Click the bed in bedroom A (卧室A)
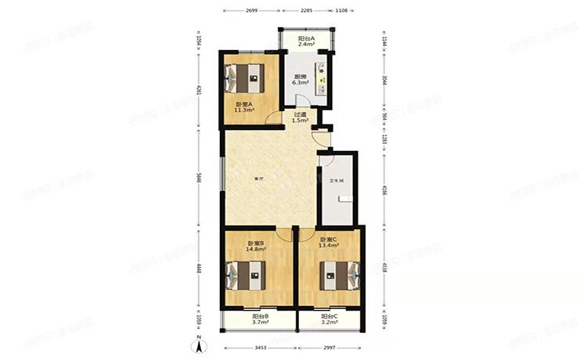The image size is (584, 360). [247, 77]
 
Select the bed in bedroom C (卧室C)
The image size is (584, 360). [339, 274]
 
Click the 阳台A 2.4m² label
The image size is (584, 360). [306, 41]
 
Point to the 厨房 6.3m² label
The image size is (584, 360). [300, 79]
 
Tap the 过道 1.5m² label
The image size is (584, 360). [301, 117]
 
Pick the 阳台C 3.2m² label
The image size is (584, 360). [330, 319]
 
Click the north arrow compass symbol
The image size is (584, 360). [200, 342]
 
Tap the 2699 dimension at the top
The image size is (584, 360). [251, 11]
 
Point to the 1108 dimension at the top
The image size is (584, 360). [341, 11]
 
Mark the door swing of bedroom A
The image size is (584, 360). [274, 118]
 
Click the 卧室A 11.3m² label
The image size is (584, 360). [243, 107]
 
